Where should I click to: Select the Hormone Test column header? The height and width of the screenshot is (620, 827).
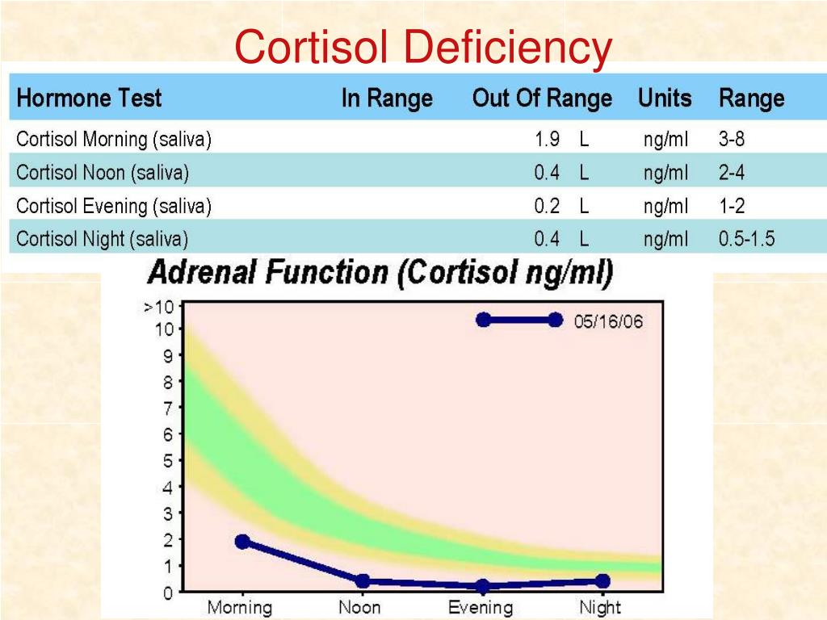[x=89, y=98]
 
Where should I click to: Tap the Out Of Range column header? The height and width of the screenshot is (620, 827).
[x=542, y=98]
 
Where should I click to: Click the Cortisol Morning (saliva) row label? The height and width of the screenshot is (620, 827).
[x=114, y=140]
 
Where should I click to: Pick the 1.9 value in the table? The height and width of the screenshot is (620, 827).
[x=547, y=140]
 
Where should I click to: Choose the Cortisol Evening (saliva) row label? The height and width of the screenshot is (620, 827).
[x=114, y=206]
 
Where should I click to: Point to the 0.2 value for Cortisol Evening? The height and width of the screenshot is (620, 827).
[x=547, y=206]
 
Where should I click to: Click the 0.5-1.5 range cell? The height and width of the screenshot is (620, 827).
[x=746, y=239]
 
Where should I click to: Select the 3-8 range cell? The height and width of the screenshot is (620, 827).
[x=732, y=140]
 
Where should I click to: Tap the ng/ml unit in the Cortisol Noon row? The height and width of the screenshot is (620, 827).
[x=666, y=173]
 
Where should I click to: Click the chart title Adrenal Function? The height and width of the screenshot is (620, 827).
[x=380, y=273]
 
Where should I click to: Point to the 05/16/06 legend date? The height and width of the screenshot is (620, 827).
[x=608, y=320]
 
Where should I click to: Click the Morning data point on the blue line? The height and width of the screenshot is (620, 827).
[x=242, y=542]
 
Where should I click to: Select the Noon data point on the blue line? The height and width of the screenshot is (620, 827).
[x=363, y=581]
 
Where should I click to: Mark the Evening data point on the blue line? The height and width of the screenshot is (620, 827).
[x=482, y=586]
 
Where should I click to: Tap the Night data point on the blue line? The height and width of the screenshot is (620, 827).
[x=602, y=581]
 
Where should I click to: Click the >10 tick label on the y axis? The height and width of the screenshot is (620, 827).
[x=158, y=307]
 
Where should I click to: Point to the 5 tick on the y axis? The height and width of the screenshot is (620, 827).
[x=168, y=461]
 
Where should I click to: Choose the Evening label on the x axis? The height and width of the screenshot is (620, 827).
[x=481, y=607]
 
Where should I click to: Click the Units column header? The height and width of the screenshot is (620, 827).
[x=665, y=98]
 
